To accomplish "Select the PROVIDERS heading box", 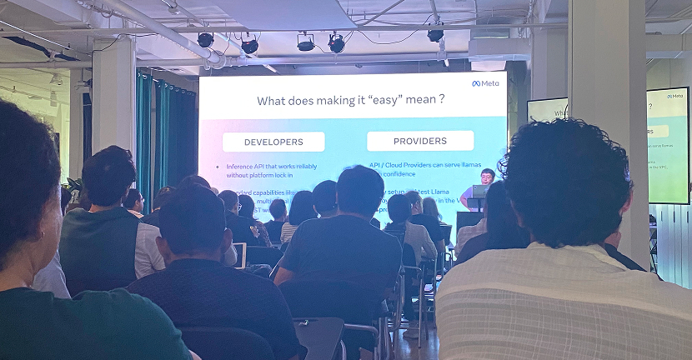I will click(419, 141).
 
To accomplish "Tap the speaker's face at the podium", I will click(488, 176).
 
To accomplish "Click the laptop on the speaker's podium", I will click(479, 191).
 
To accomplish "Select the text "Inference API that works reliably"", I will click(272, 166).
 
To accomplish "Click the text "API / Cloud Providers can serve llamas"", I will click(425, 165).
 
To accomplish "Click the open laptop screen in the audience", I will click(241, 253).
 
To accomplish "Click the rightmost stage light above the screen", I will click(435, 34).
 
